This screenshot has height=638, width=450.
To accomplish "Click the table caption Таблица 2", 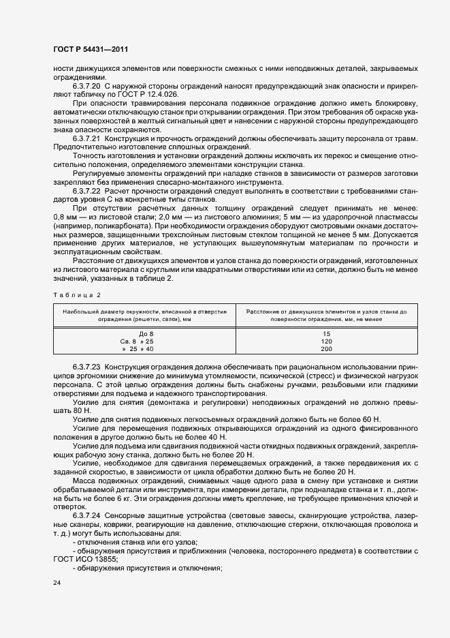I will pos(76,294).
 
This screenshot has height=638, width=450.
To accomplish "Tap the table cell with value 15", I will pos(326,333).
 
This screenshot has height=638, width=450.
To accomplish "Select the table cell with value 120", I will pos(326,341).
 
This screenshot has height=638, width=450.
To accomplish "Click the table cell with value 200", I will pos(326,348).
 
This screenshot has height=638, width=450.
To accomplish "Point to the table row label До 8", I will pos(136,333).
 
